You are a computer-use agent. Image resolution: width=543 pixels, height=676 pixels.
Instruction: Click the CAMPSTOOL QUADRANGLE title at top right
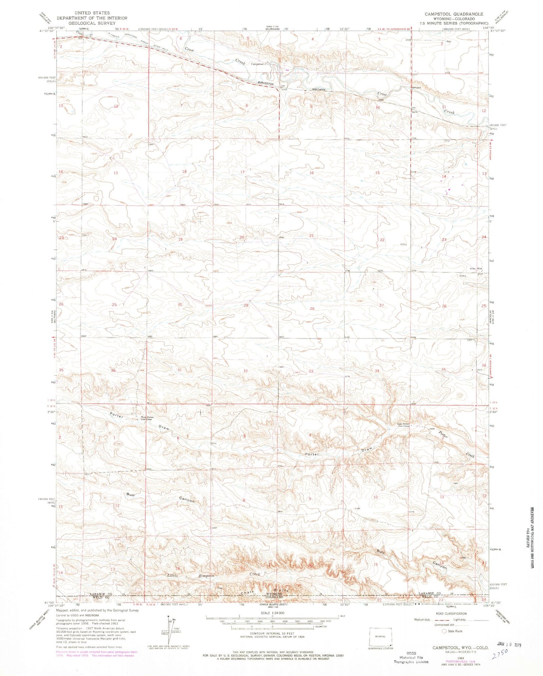click(x=454, y=14)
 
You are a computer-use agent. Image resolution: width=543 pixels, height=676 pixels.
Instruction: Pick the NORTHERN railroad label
click(x=321, y=90)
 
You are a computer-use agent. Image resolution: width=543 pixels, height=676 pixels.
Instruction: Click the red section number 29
click(x=246, y=305)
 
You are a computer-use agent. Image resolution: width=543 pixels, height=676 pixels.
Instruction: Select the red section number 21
click(x=311, y=235)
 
